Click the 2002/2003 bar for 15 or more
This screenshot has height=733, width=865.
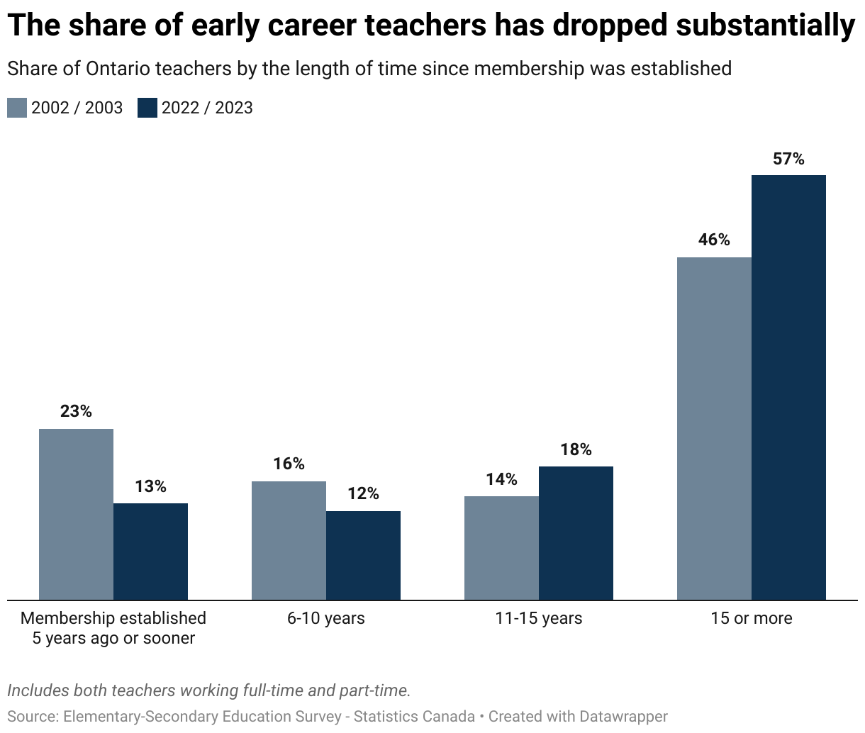(714, 428)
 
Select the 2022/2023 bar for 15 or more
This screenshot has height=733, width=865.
(788, 387)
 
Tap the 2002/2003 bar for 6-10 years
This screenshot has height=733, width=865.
(289, 540)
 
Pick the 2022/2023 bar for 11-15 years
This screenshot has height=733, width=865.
(576, 533)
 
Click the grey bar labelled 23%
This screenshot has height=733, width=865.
(76, 514)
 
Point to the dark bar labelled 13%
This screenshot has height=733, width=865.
(150, 552)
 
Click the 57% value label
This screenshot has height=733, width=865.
(788, 160)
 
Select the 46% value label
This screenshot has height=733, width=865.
(714, 240)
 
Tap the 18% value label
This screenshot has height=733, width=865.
(576, 450)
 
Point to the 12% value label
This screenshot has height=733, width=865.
(363, 494)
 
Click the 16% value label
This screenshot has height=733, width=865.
(289, 464)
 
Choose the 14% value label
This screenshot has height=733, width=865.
(501, 480)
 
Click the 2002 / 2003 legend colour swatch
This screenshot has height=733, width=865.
(17, 108)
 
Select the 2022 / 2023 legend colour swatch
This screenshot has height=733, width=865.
(147, 108)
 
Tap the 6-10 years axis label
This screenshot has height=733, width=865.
(326, 618)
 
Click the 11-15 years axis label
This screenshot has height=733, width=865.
(539, 618)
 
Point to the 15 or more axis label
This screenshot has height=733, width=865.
(752, 618)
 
